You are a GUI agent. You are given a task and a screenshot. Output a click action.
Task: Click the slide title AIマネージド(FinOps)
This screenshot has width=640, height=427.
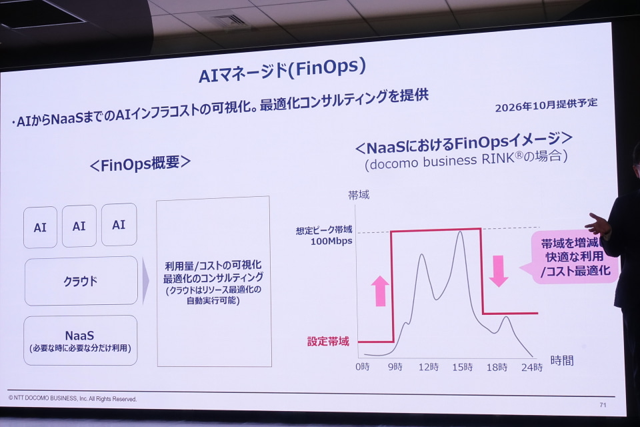point(282,71)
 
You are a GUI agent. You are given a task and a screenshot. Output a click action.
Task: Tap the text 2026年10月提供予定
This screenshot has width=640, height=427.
point(546,105)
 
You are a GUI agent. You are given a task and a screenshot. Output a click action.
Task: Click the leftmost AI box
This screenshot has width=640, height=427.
point(40,228)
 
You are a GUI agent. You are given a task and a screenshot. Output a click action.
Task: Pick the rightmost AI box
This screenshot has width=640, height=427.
point(119,225)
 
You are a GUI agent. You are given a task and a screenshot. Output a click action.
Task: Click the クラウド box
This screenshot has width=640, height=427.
point(81,281)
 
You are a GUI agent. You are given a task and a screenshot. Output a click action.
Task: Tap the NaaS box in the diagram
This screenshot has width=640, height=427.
point(81,340)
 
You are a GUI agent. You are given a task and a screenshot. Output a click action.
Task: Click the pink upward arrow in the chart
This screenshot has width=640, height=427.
point(381,290)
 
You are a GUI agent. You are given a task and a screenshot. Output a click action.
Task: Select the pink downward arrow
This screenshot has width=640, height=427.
point(499,271)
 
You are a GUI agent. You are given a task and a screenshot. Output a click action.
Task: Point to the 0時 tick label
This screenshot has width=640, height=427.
point(363,366)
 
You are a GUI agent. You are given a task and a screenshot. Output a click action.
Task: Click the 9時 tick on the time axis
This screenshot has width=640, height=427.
point(395,366)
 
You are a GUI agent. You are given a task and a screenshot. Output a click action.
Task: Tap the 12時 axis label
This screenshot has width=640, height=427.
point(428,367)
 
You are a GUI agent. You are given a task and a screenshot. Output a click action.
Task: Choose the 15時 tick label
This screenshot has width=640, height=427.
point(463,367)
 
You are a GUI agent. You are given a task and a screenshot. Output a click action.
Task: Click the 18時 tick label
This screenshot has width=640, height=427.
point(497,368)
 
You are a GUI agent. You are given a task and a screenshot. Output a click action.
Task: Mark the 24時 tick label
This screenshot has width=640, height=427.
point(532,368)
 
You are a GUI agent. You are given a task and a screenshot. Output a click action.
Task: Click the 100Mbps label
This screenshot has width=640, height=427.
point(331,241)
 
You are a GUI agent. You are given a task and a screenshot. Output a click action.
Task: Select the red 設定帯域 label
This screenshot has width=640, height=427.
point(328,341)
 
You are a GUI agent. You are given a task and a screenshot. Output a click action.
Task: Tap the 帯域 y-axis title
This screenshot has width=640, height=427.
point(359,195)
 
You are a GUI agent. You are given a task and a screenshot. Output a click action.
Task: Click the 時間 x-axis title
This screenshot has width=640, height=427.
point(562,360)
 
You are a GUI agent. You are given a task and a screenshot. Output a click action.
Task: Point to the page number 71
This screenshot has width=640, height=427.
point(603,405)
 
